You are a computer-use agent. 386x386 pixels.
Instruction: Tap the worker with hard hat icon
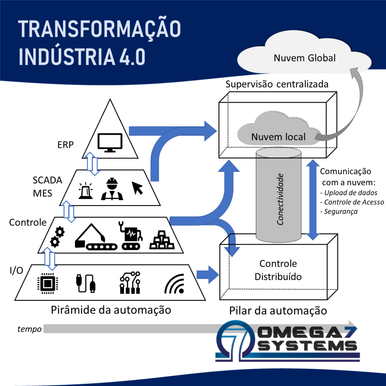(112, 190)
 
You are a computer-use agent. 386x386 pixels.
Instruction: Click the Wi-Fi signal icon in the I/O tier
(175, 285)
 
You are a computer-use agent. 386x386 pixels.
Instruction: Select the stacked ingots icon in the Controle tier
(161, 239)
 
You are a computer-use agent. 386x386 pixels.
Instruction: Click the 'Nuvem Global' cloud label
(305, 58)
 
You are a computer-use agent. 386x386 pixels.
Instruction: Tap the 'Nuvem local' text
(278, 137)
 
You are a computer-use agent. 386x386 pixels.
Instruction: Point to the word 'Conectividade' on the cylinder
(280, 199)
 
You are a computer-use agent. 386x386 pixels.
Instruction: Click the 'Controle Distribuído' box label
(278, 270)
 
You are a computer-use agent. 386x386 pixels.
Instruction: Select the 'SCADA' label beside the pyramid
(47, 180)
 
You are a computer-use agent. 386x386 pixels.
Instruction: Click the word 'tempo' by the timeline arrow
(29, 329)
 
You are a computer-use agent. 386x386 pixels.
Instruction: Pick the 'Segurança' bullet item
(339, 211)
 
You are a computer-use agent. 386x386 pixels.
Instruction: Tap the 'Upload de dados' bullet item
(348, 193)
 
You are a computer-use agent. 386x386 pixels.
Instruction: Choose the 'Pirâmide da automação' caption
(111, 310)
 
